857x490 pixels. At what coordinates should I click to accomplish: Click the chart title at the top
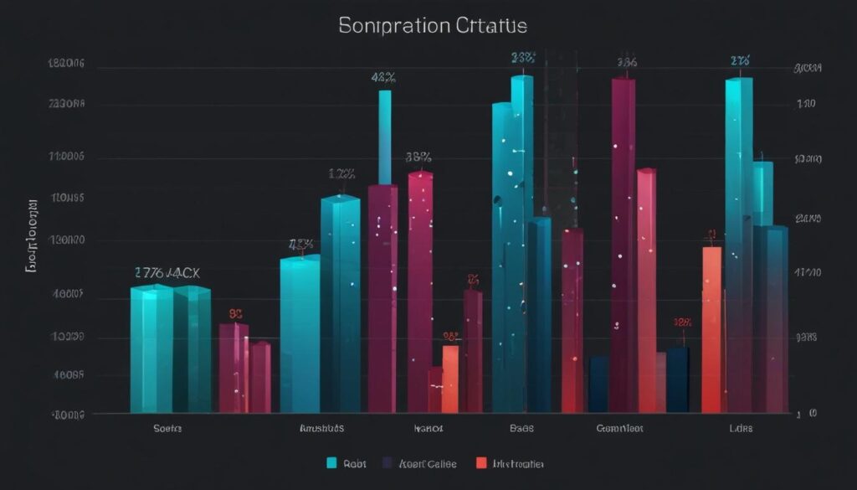pos(433,26)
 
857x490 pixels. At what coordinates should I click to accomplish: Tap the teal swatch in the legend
pos(331,462)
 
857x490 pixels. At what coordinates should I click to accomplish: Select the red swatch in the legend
pos(481,462)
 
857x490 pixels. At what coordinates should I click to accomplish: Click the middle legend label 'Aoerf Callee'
pos(426,462)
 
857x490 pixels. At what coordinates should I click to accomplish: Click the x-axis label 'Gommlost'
pos(620,428)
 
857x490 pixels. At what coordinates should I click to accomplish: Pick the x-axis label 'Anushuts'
pos(321,428)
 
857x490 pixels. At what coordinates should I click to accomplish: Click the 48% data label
pos(383,77)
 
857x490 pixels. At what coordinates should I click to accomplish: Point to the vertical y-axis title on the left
pos(31,238)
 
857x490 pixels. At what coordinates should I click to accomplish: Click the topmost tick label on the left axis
pos(66,63)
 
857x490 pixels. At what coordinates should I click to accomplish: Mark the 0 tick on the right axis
pos(812,414)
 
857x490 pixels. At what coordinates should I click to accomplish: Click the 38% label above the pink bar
pos(418,157)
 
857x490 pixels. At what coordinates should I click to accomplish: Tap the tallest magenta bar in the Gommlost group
pos(624,243)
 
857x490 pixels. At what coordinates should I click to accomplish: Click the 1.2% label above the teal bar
pos(341,175)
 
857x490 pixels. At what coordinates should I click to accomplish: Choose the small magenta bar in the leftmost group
pos(233,369)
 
